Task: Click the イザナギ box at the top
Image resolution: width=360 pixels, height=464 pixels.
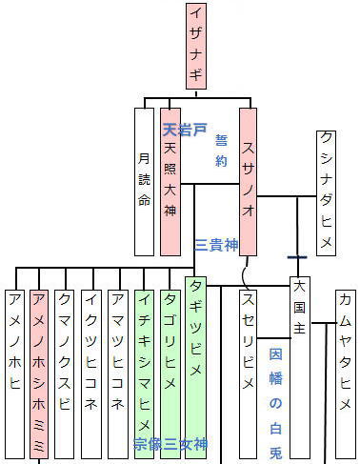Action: tap(195, 46)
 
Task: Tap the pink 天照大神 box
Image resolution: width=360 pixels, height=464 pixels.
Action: tap(170, 181)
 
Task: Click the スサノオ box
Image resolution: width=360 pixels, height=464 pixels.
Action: tap(248, 181)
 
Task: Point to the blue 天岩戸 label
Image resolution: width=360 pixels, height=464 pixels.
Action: tap(185, 129)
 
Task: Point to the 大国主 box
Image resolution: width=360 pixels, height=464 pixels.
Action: tap(300, 372)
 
